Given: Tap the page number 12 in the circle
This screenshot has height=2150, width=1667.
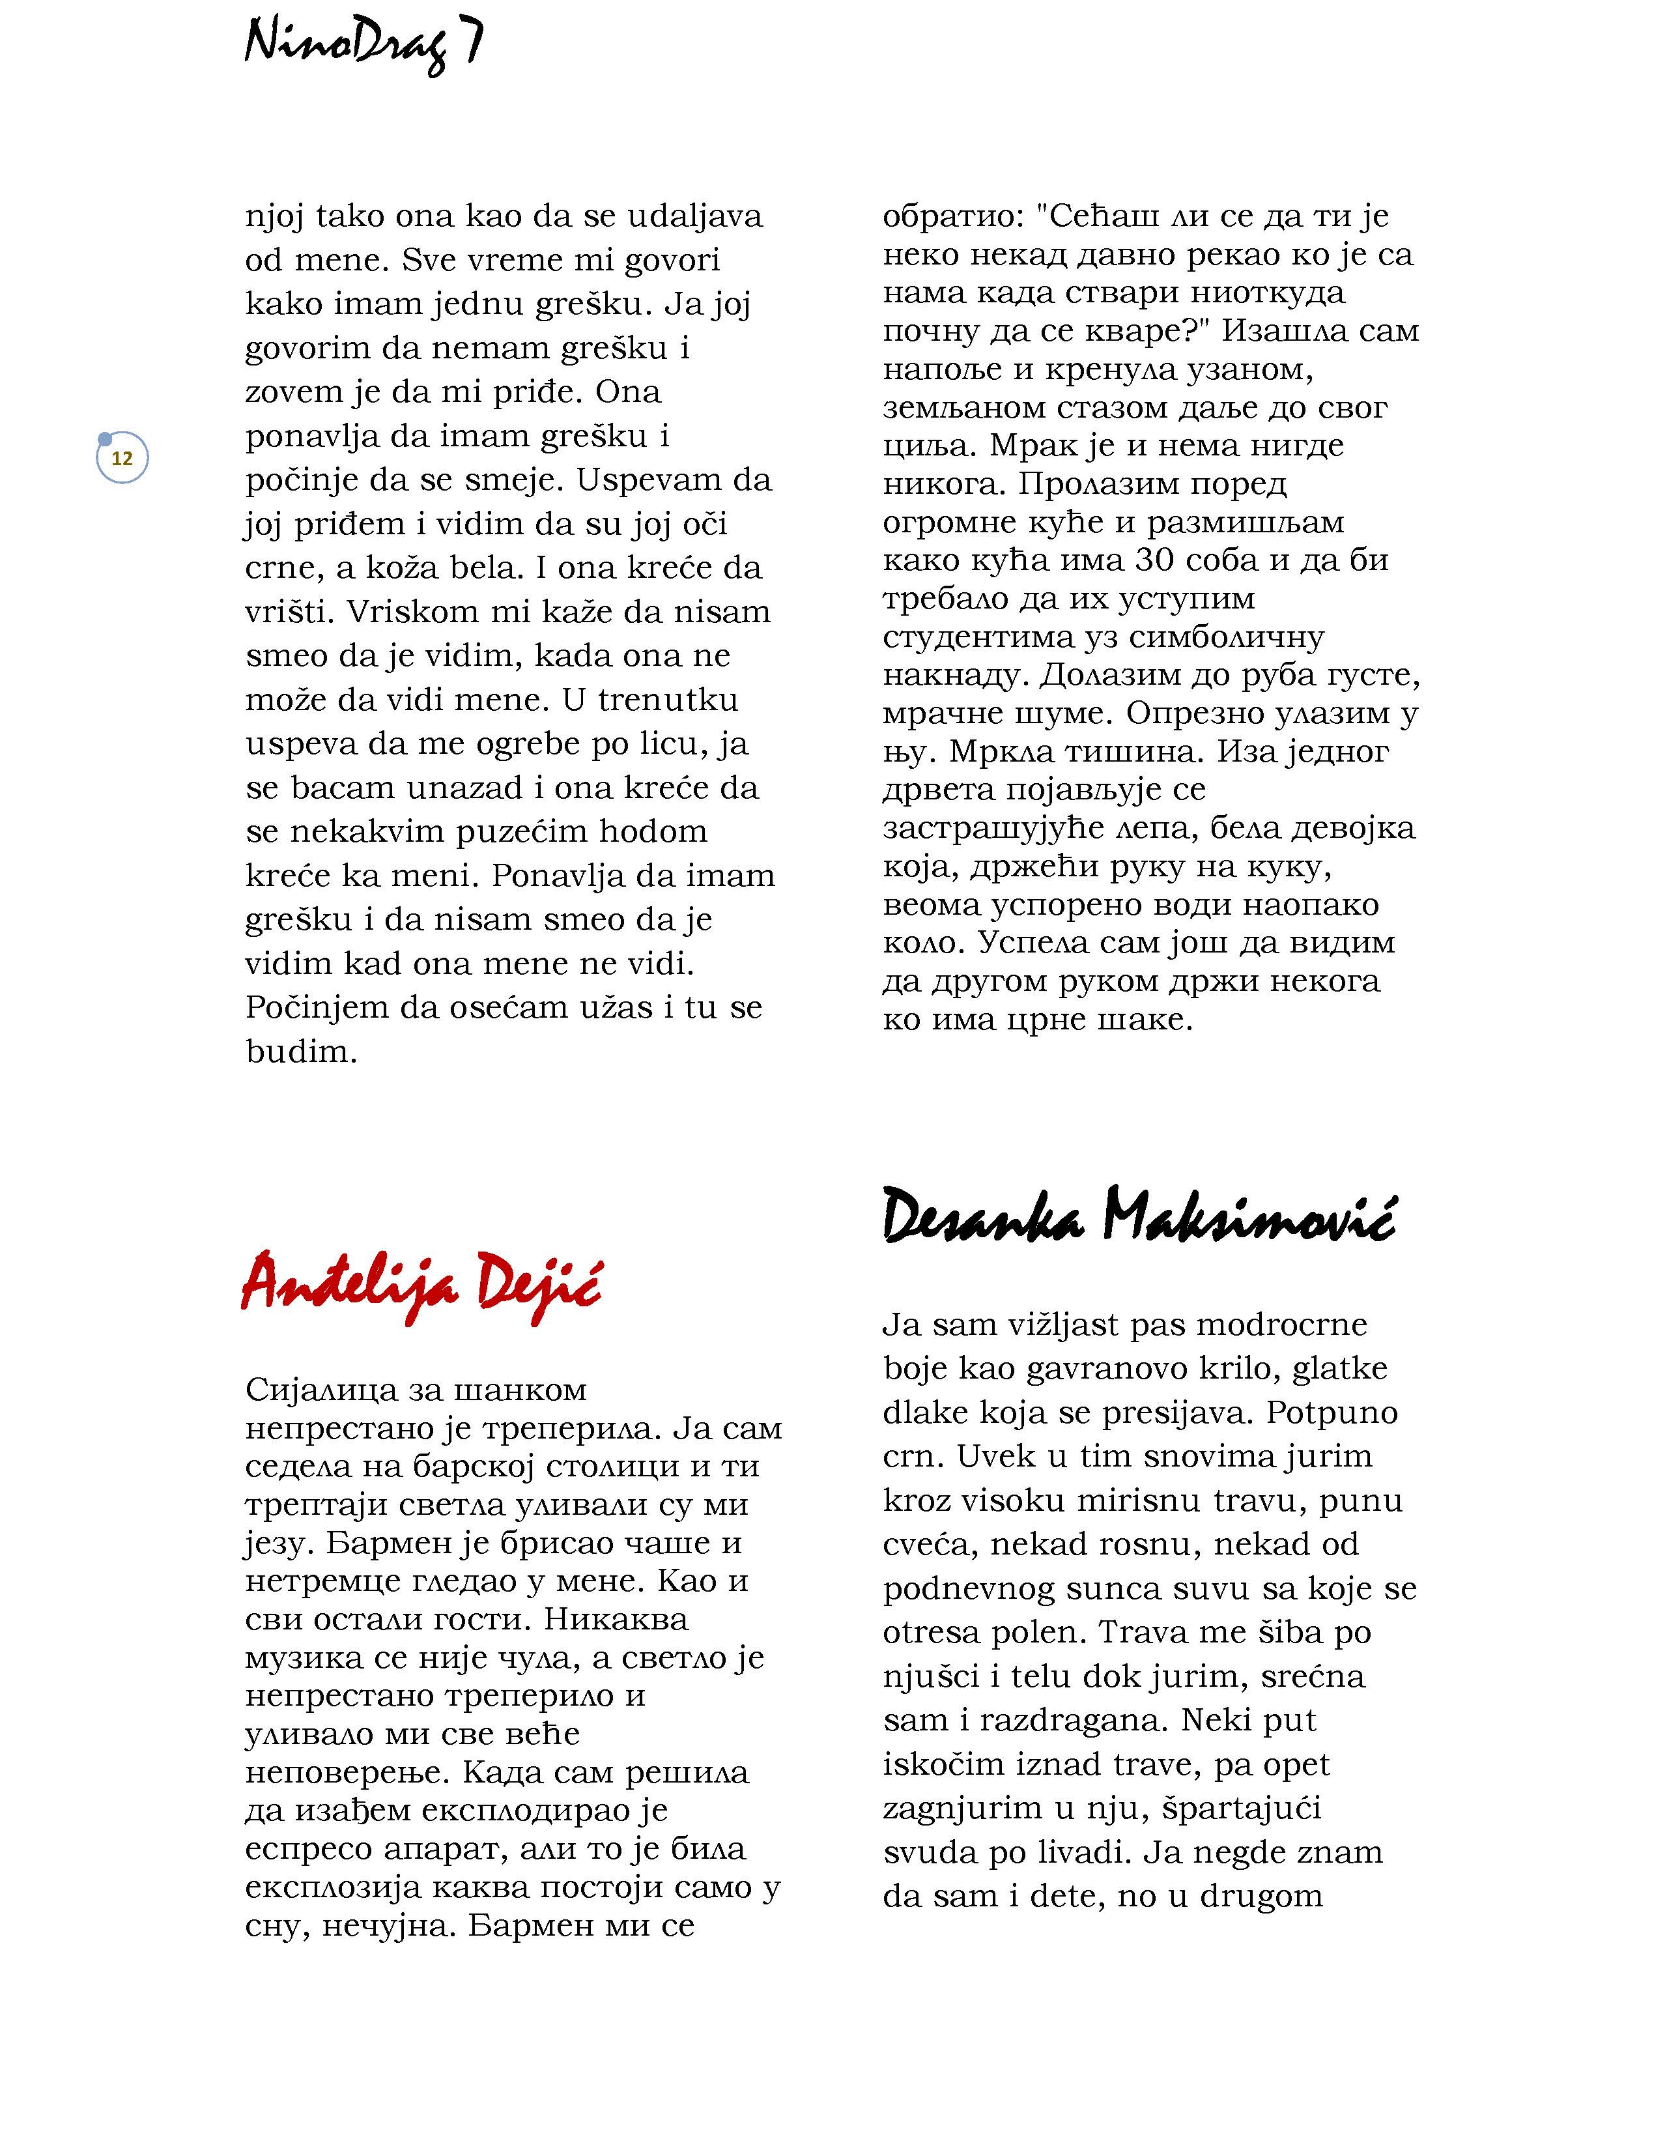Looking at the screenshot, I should (x=122, y=459).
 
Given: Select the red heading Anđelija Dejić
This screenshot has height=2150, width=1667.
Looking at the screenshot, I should (x=421, y=1283).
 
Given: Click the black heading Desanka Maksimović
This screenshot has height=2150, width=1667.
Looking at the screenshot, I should (x=1139, y=1218).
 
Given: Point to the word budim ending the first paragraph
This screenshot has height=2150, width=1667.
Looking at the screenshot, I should (x=300, y=1052).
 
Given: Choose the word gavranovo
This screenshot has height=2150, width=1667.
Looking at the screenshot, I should (x=1104, y=1368).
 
